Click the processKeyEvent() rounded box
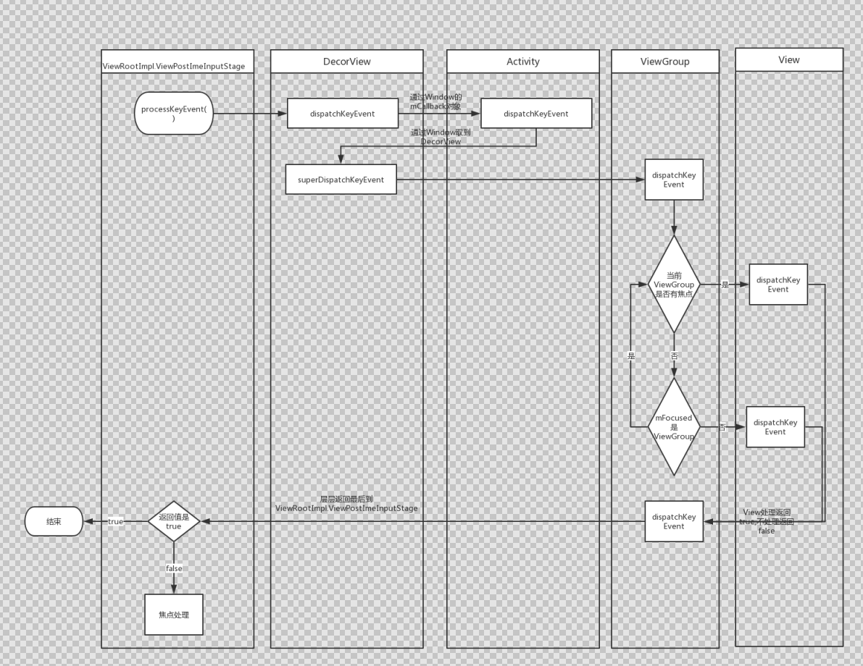[x=174, y=113]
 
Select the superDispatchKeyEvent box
[x=341, y=180]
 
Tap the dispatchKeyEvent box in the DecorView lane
[x=343, y=114]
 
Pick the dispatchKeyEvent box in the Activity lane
[x=536, y=114]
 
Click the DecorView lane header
[x=346, y=62]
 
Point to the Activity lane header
[x=523, y=62]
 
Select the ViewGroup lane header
[x=665, y=62]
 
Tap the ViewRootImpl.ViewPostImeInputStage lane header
[x=178, y=66]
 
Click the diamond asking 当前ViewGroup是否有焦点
[x=674, y=284]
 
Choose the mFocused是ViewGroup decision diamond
[x=674, y=427]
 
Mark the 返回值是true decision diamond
[x=174, y=521]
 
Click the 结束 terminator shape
[x=54, y=521]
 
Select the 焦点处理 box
[x=174, y=615]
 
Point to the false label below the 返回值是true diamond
[x=174, y=568]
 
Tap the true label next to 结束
[x=115, y=521]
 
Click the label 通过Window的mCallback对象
[x=435, y=101]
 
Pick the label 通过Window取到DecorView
[x=441, y=137]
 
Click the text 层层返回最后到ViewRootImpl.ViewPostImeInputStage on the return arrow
[x=346, y=504]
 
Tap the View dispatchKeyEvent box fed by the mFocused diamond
[x=775, y=427]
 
